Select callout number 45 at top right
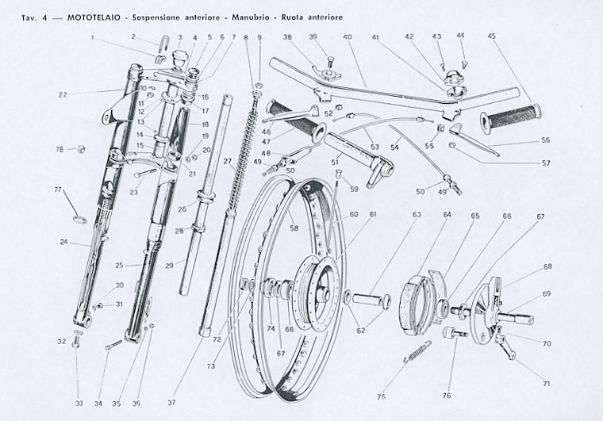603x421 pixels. coord(491,36)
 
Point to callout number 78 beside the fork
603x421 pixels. coord(60,149)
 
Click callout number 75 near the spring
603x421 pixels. coord(381,396)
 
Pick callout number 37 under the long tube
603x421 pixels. coord(171,403)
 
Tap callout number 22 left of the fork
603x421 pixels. coord(63,94)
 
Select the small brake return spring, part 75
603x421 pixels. coord(417,351)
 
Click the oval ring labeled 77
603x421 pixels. coord(80,220)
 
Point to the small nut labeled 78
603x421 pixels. coord(81,148)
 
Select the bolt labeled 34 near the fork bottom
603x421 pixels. coord(113,345)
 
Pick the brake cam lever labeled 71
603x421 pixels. coord(505,346)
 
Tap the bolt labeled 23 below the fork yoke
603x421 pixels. coord(145,173)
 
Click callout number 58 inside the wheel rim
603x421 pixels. coord(294,228)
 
